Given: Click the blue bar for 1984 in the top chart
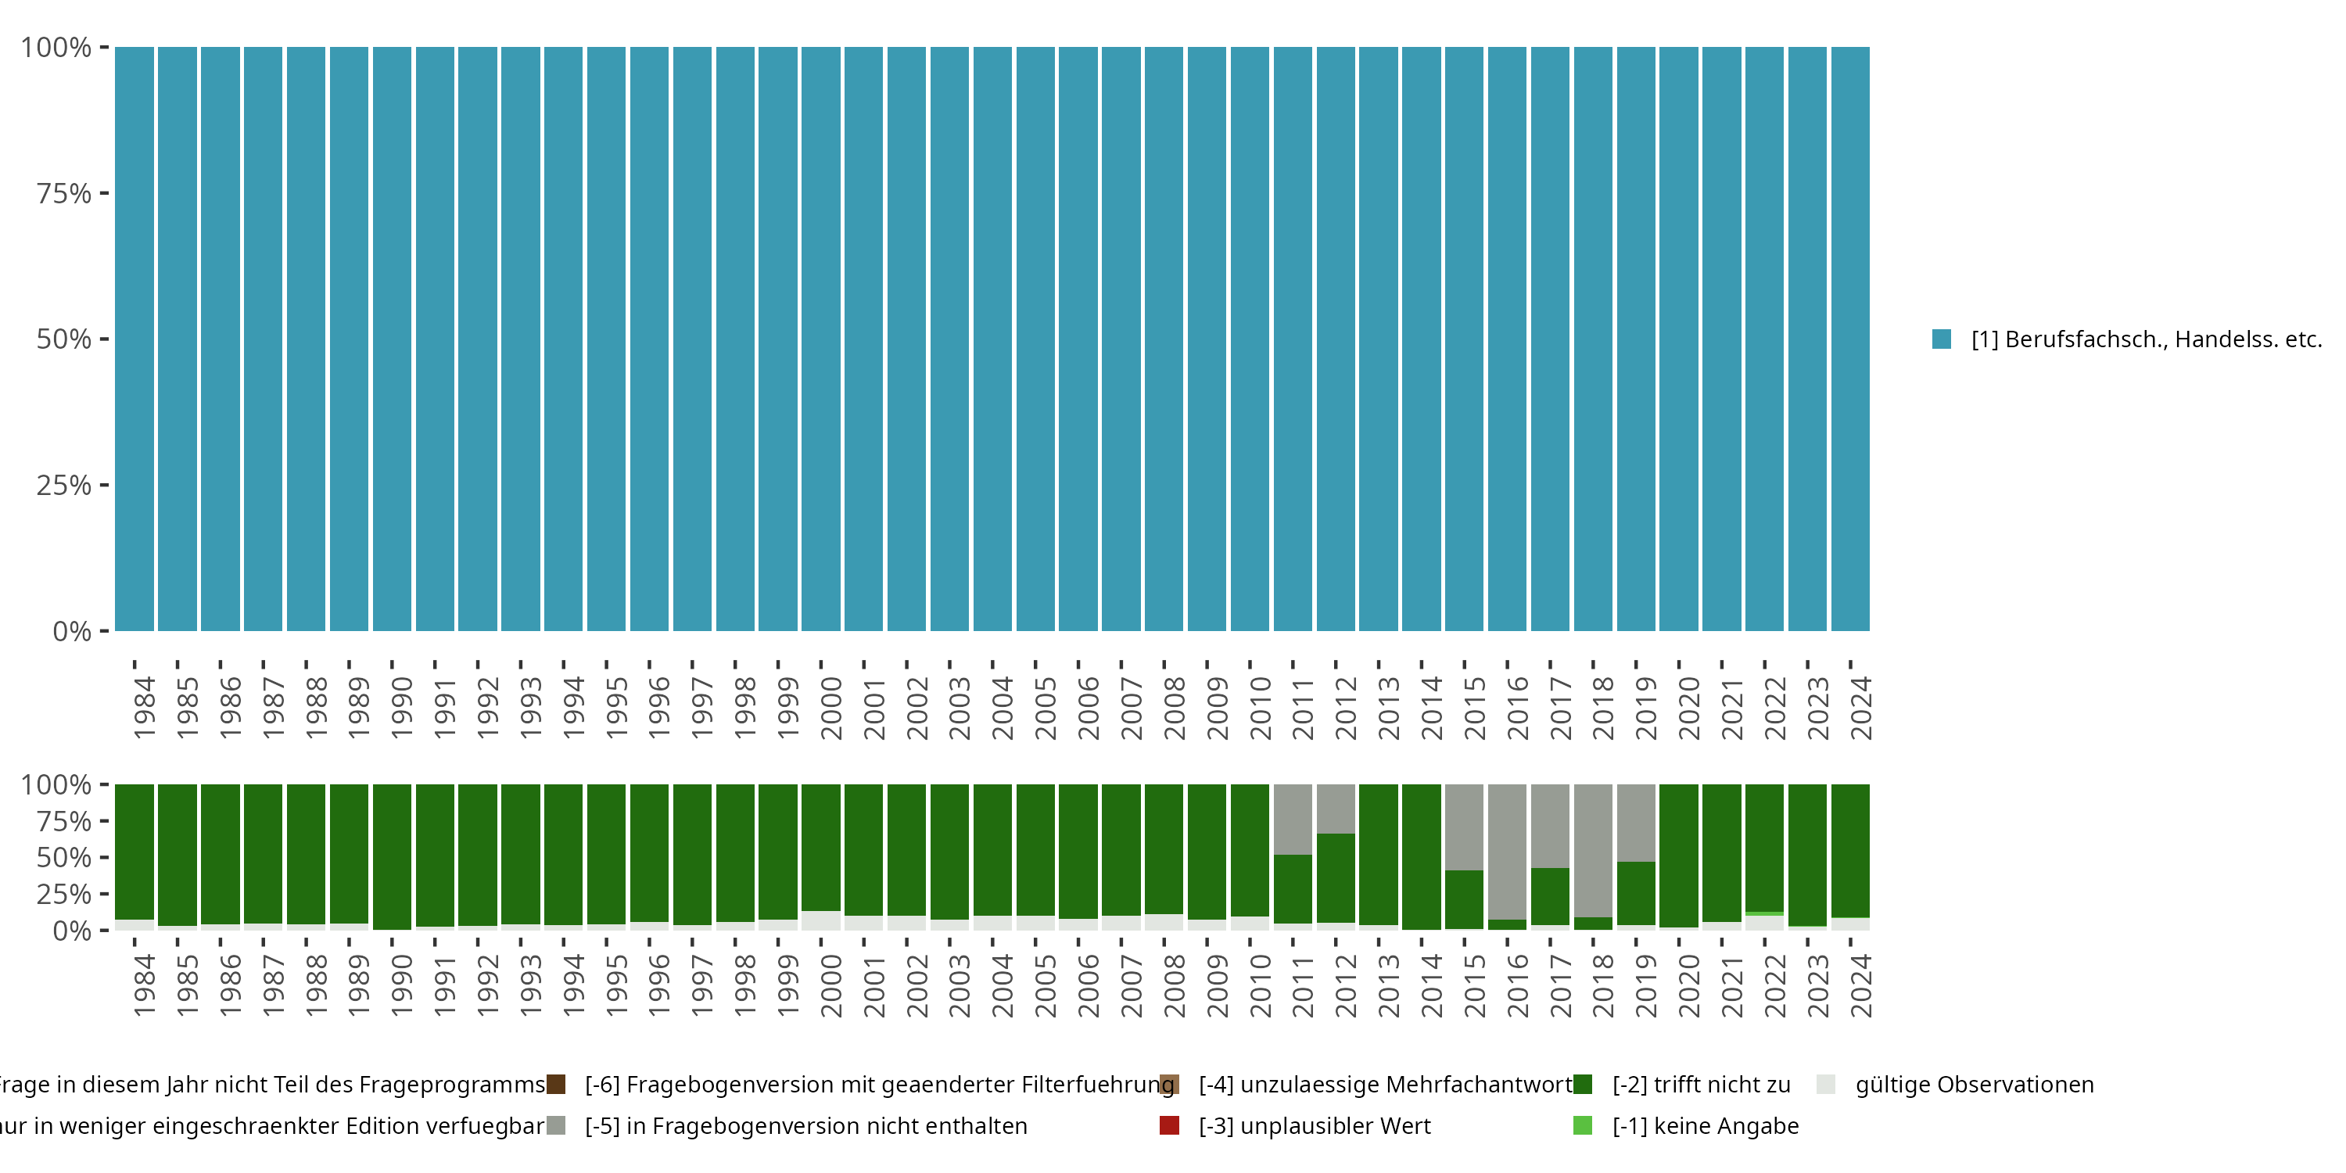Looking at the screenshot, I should (x=134, y=339).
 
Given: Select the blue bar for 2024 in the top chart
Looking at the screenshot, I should (x=1849, y=339).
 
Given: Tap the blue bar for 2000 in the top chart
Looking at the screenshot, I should (x=820, y=339).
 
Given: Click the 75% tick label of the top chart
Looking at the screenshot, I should (x=64, y=193).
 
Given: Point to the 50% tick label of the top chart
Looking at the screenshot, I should (x=64, y=339).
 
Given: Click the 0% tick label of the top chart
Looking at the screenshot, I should (x=71, y=631).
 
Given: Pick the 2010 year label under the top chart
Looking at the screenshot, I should (x=1261, y=708).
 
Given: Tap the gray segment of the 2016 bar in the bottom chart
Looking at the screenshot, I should (x=1507, y=852).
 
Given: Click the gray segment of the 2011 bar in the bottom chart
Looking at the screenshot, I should (x=1293, y=819).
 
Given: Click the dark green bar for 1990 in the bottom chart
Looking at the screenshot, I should (x=392, y=856).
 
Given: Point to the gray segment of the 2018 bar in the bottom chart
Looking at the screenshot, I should (x=1593, y=850).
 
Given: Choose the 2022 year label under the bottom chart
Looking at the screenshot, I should (x=1775, y=986).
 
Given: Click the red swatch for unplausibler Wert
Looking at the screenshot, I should (x=1169, y=1125).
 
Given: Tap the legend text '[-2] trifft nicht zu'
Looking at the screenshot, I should (x=1700, y=1085).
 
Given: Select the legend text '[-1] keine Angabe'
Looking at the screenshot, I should (x=1705, y=1125).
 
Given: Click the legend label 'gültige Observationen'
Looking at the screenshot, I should (x=1975, y=1085).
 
